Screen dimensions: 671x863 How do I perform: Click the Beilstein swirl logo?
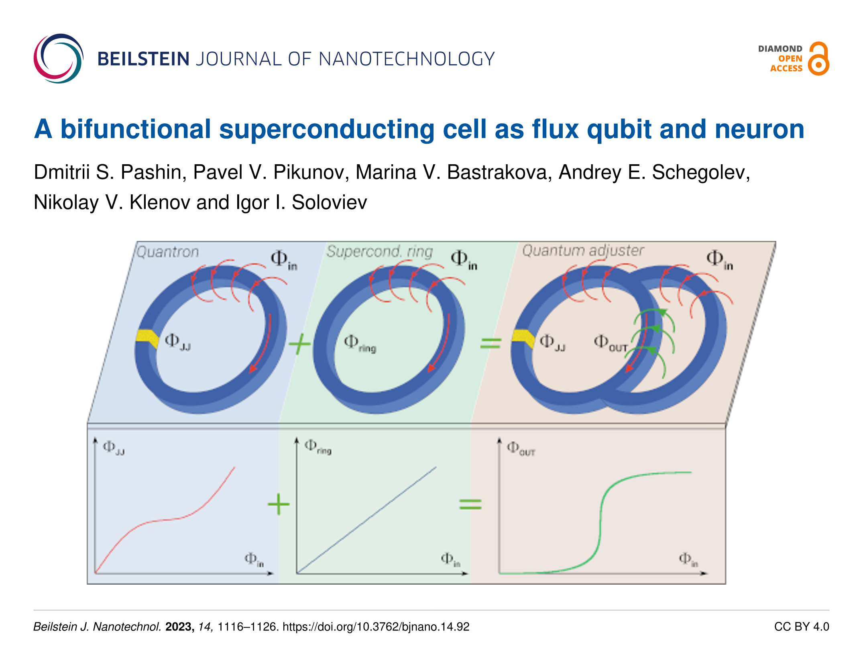coord(58,59)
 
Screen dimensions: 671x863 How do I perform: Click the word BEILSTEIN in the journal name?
coord(143,59)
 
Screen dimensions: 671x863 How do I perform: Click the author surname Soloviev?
coord(329,202)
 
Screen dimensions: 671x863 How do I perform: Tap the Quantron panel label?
coord(167,252)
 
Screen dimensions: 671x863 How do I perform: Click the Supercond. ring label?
coord(379,251)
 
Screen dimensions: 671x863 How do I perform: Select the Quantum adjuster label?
coord(583,251)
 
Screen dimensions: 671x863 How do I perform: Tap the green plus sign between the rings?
coord(299,344)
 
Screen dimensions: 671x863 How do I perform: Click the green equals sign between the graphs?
coord(470,504)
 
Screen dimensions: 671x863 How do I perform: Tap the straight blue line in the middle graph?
coord(366,520)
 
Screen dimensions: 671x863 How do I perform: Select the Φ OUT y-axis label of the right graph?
coord(521,449)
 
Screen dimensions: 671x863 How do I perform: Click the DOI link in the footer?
coord(376,627)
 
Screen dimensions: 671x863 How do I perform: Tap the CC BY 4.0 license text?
coord(801,627)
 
